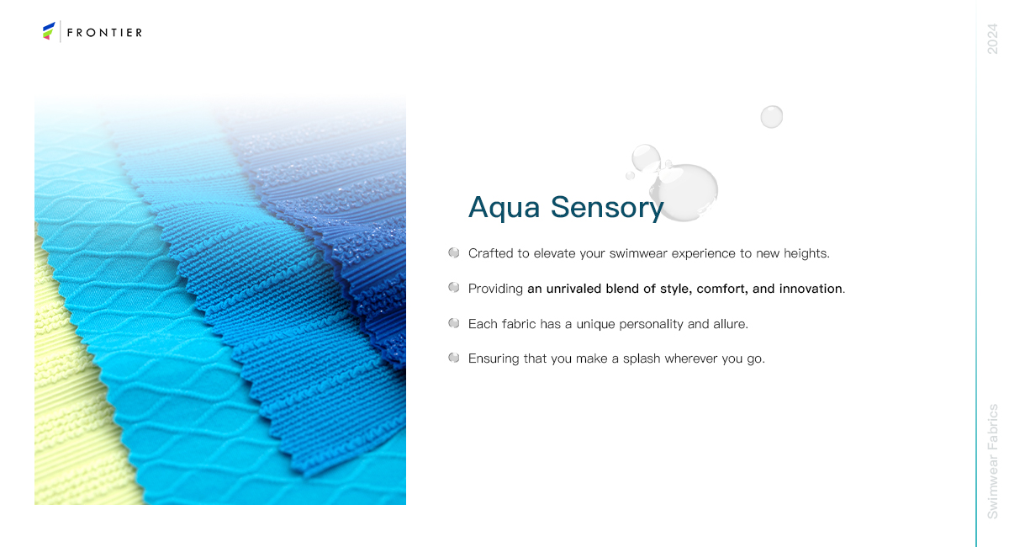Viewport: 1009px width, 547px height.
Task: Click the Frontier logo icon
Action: coord(49,30)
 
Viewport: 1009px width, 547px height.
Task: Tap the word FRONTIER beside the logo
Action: coord(104,33)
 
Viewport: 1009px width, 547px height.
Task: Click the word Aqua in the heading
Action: coord(504,208)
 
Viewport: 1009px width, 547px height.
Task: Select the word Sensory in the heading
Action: coord(607,208)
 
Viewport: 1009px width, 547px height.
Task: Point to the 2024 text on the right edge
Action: coord(992,39)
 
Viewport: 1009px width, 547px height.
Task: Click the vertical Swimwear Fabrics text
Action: coord(992,461)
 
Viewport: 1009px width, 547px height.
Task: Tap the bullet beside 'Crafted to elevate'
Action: coord(453,252)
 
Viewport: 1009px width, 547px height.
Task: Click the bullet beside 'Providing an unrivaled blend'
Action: coord(453,287)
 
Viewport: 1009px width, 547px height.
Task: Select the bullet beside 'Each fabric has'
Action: coord(453,323)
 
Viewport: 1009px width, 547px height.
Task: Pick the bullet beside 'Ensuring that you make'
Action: coord(453,358)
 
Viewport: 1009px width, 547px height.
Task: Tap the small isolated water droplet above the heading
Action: coord(772,117)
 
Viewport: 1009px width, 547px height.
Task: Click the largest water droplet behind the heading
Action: coord(684,192)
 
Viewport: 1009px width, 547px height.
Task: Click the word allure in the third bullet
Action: coord(730,324)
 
